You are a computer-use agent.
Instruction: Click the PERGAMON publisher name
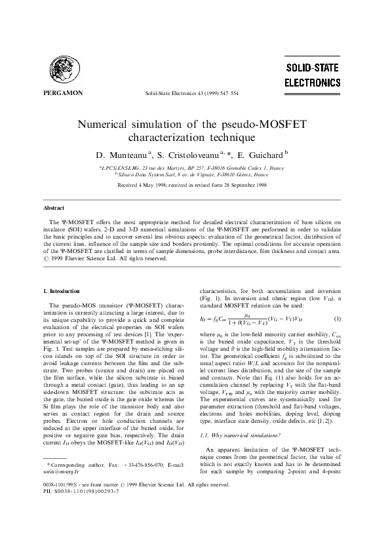coord(62,93)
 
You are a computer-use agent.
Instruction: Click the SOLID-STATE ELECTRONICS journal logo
coord(313,75)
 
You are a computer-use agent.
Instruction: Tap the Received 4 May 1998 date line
coord(191,186)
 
